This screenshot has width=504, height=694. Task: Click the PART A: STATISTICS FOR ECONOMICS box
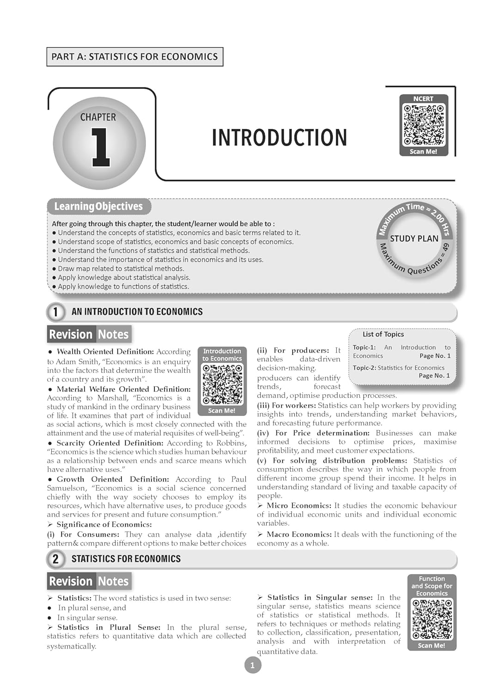click(134, 57)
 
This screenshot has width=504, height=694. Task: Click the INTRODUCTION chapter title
click(279, 138)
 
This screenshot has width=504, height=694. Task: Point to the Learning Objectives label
click(98, 206)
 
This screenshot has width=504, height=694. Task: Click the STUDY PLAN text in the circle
click(414, 239)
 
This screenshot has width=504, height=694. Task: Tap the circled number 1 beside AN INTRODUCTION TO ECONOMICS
click(55, 312)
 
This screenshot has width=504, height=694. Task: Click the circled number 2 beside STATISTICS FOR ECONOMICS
click(55, 559)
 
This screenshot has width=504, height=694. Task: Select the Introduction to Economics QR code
click(222, 384)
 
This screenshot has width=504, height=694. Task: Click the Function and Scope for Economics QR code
click(432, 620)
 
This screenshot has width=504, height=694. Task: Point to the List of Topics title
click(383, 334)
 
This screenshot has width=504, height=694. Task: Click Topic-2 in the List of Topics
click(364, 368)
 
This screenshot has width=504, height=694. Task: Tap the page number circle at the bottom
click(252, 665)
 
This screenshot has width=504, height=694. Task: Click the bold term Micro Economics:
click(298, 506)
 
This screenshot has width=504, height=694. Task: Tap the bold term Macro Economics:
click(299, 534)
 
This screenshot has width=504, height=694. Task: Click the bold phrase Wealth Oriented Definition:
click(105, 352)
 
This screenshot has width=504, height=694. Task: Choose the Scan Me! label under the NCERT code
click(423, 152)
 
